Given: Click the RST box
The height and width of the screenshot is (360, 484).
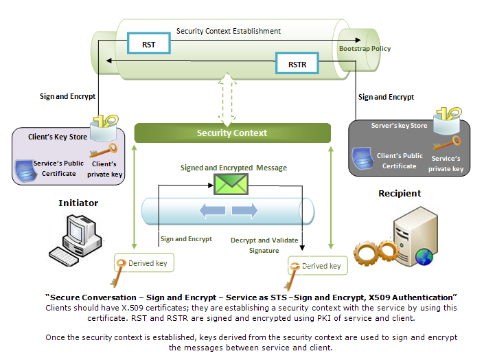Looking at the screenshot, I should point(148,45).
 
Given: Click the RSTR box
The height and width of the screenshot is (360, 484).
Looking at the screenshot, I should point(297,66).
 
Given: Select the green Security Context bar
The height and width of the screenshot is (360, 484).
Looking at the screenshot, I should point(232,133).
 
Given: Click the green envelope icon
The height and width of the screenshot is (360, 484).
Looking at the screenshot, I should point(229,184).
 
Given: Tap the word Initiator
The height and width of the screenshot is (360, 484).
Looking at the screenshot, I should point(78,203).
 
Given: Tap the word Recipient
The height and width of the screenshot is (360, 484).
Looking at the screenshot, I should point(400,194).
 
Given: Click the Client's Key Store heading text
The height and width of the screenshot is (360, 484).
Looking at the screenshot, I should point(58,137).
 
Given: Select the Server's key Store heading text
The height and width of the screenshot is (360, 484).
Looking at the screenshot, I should point(400,126).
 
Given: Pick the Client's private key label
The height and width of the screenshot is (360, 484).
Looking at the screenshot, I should point(106,169).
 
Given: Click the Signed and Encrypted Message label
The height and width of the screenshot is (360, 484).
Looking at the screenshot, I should point(233,168).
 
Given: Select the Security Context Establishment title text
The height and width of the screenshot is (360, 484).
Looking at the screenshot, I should point(228,31).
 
